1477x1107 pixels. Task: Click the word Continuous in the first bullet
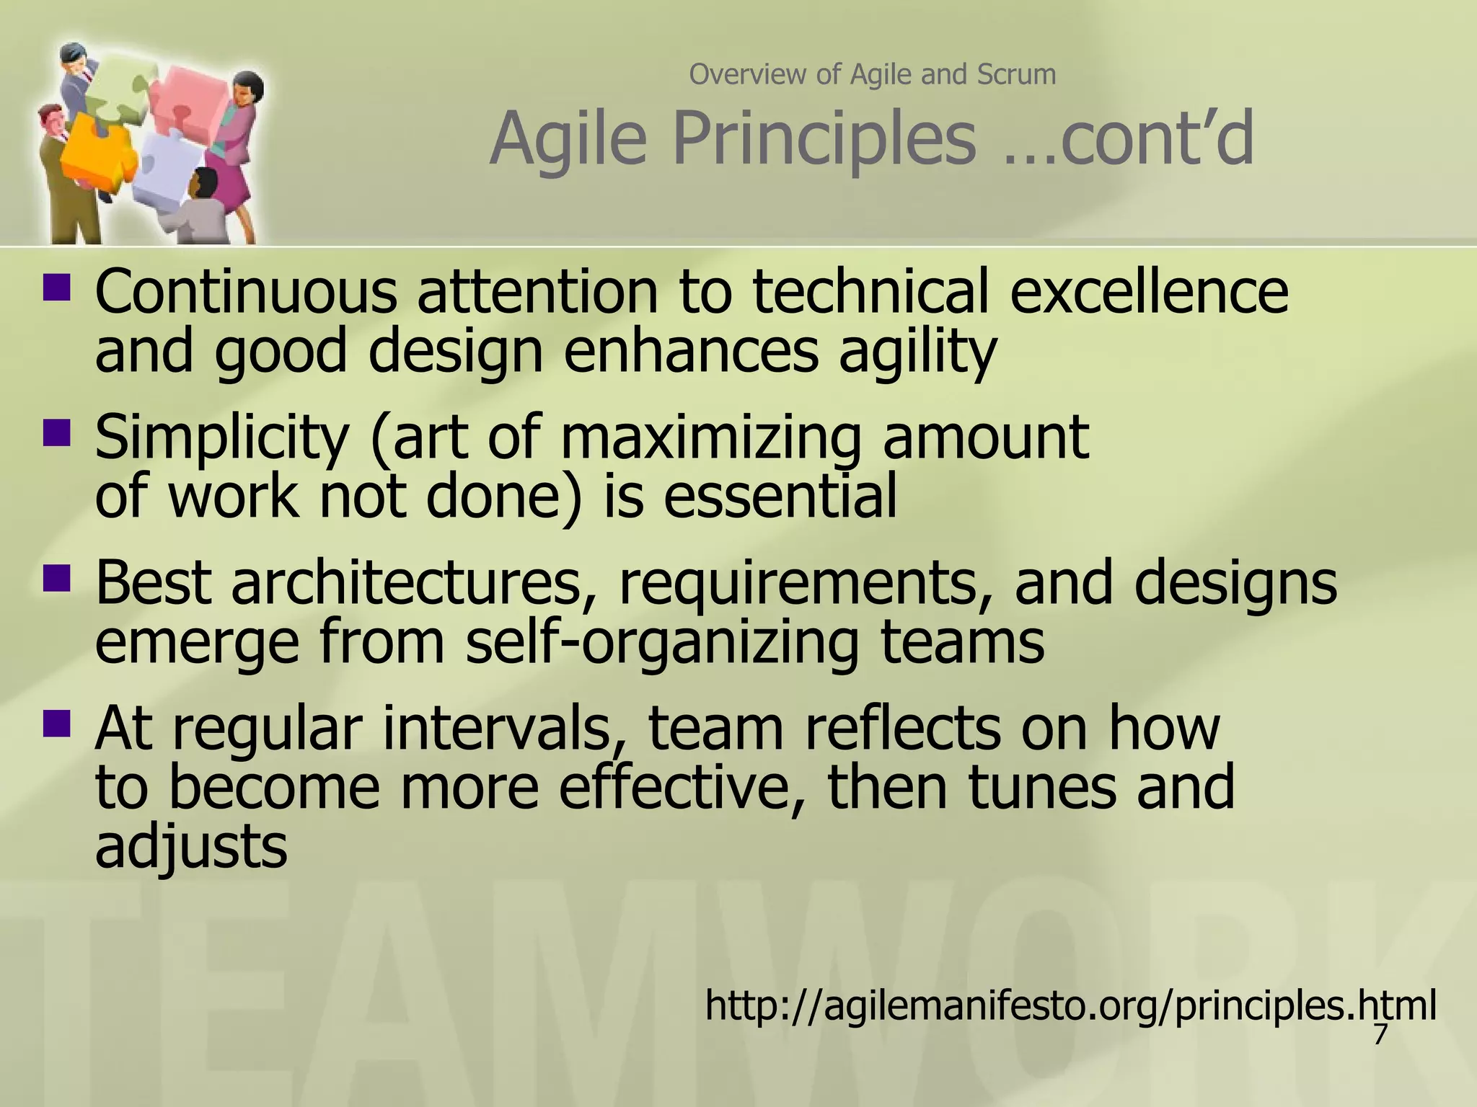[245, 292]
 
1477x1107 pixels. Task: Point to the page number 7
[1380, 1034]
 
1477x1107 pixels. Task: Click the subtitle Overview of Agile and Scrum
[872, 74]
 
